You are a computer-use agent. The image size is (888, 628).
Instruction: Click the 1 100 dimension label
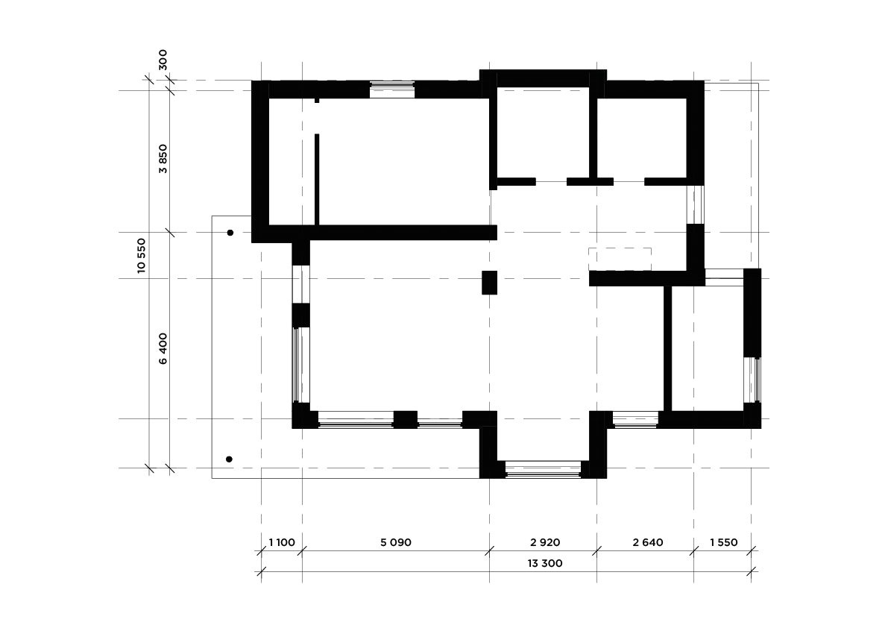[x=282, y=542]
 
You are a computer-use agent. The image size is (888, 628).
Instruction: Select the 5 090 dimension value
[x=396, y=542]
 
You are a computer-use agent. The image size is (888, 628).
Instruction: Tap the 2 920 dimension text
[x=545, y=542]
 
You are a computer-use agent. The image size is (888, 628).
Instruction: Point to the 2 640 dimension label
[x=648, y=542]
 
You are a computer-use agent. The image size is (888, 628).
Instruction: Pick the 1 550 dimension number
[x=724, y=542]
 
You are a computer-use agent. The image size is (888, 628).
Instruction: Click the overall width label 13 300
[x=545, y=563]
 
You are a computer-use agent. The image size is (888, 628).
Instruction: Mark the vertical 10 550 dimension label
[x=142, y=256]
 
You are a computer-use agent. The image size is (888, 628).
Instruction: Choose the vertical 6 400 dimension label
[x=163, y=349]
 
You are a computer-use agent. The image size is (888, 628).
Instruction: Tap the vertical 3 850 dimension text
[x=163, y=159]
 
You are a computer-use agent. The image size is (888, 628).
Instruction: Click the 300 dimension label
[x=163, y=60]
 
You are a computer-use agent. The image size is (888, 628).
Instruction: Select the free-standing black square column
[x=489, y=283]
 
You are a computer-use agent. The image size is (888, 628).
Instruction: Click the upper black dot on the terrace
[x=230, y=233]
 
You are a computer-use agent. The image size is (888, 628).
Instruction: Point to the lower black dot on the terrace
[x=230, y=459]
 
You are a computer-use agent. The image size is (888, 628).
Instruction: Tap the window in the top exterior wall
[x=392, y=90]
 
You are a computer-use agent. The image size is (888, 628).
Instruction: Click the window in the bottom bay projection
[x=543, y=469]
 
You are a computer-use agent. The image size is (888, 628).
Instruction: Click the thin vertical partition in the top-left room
[x=317, y=179]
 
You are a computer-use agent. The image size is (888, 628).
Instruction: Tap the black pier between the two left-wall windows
[x=300, y=315]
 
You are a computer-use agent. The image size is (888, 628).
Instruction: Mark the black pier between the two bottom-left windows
[x=406, y=420]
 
